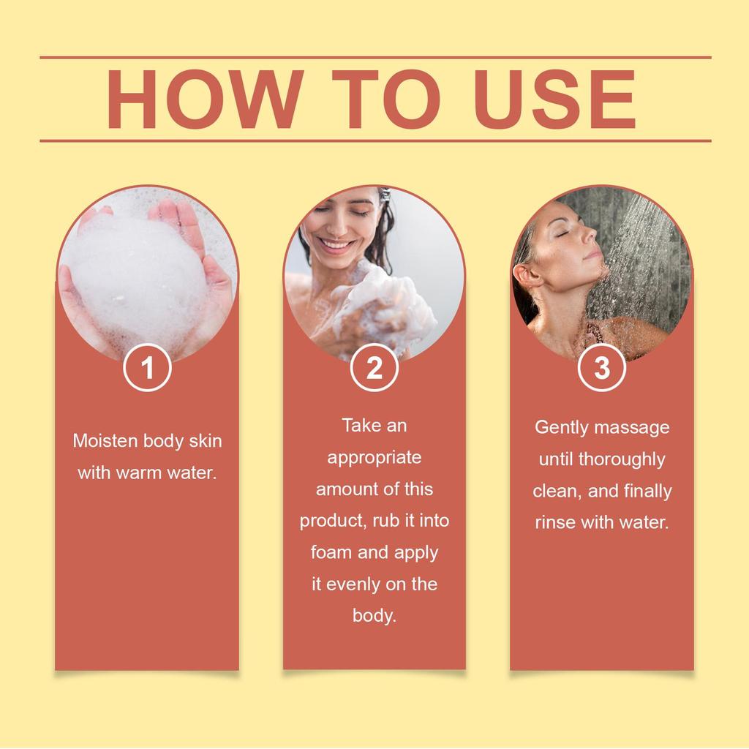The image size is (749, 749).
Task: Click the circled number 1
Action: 147,368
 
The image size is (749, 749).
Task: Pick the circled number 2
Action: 374,368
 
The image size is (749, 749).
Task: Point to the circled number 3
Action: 601,368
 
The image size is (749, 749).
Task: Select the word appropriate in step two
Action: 374,458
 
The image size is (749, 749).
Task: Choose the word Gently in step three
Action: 562,427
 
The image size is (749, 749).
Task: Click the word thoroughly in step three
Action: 622,459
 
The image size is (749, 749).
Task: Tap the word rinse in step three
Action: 555,523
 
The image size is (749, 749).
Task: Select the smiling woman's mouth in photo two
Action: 337,245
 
